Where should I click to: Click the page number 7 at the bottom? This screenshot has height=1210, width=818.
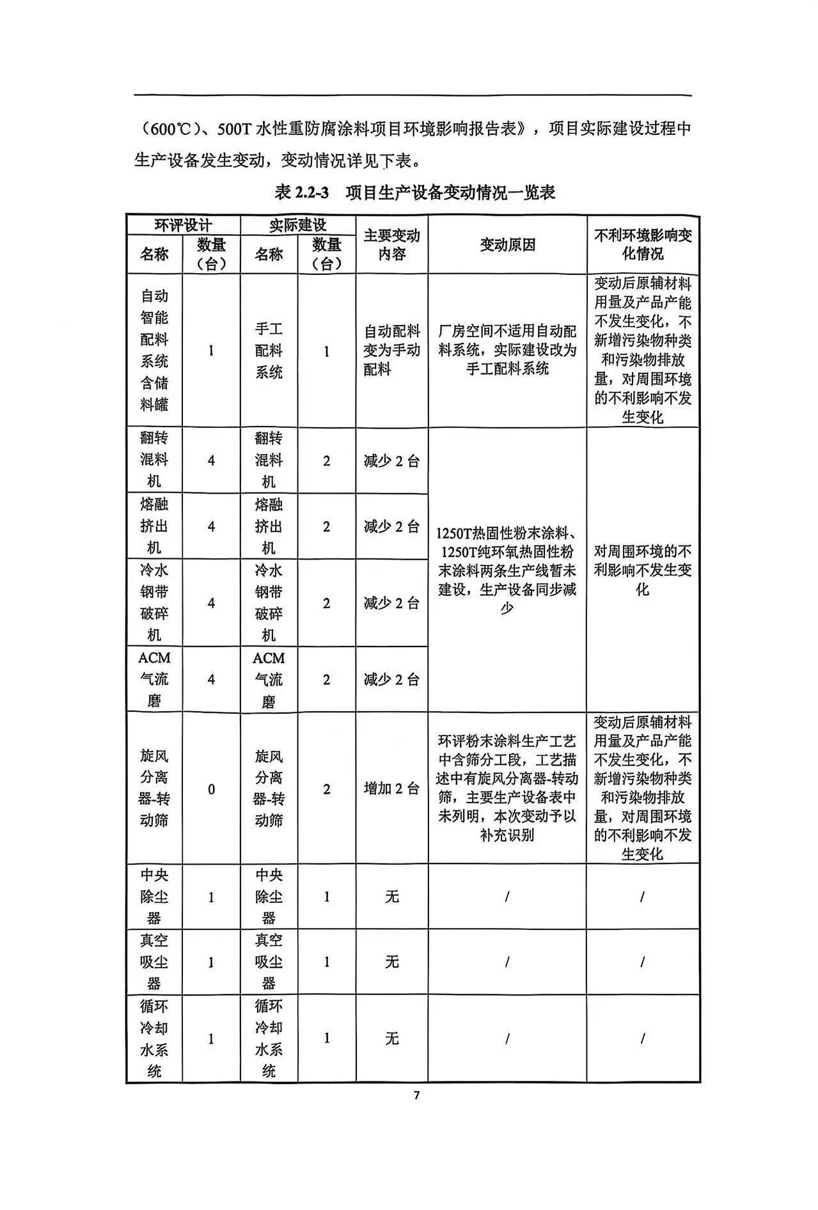pyautogui.click(x=416, y=1096)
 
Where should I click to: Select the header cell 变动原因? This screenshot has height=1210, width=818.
pyautogui.click(x=507, y=245)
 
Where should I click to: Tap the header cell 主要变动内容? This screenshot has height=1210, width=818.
pyautogui.click(x=391, y=245)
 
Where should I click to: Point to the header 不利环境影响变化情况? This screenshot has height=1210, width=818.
pyautogui.click(x=643, y=245)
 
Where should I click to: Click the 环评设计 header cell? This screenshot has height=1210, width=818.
pyautogui.click(x=183, y=225)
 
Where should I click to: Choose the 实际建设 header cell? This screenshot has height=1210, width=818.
pyautogui.click(x=297, y=225)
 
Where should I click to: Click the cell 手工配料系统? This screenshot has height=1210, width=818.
pyautogui.click(x=269, y=350)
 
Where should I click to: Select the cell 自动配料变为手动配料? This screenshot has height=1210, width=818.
pyautogui.click(x=391, y=350)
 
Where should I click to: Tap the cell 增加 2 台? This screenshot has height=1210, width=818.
pyautogui.click(x=391, y=789)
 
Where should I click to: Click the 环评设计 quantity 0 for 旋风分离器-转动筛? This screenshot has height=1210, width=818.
pyautogui.click(x=211, y=789)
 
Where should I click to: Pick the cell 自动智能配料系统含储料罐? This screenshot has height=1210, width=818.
pyautogui.click(x=154, y=350)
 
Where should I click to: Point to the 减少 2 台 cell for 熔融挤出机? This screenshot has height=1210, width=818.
pyautogui.click(x=391, y=527)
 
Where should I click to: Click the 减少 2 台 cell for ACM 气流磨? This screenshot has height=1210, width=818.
pyautogui.click(x=391, y=679)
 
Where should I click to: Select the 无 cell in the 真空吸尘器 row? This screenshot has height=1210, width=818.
pyautogui.click(x=391, y=962)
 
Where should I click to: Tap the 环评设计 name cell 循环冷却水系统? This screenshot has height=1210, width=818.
pyautogui.click(x=154, y=1039)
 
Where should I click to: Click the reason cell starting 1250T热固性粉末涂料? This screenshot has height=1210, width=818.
pyautogui.click(x=507, y=570)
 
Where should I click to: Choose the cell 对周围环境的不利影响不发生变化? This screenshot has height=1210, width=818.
pyautogui.click(x=643, y=570)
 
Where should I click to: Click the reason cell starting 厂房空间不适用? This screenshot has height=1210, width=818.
pyautogui.click(x=507, y=350)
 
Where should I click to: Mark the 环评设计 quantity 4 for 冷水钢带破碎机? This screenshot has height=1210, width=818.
pyautogui.click(x=211, y=603)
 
